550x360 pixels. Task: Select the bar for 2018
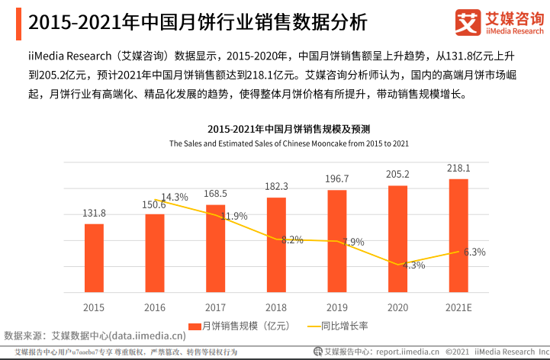(x=276, y=245)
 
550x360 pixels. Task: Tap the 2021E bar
(x=458, y=236)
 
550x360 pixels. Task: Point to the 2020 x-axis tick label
(x=397, y=307)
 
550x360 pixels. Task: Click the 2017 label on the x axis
(x=216, y=307)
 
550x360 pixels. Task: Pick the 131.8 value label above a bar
(x=94, y=213)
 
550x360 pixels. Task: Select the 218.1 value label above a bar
(x=458, y=168)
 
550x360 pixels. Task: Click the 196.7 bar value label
(x=336, y=178)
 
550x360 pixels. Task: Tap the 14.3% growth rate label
(x=175, y=197)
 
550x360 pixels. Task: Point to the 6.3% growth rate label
(x=474, y=252)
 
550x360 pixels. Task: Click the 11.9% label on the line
(x=234, y=216)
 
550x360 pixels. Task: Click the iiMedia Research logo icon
(x=466, y=22)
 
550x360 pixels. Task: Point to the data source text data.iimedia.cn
(x=147, y=335)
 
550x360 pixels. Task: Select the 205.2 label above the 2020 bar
(x=397, y=174)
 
